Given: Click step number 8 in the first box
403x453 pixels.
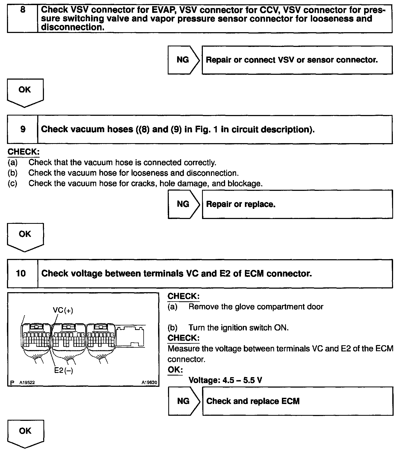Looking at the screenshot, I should pyautogui.click(x=23, y=10).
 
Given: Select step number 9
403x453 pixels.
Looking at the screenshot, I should pyautogui.click(x=23, y=129).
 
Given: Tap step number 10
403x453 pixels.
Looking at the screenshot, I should pyautogui.click(x=21, y=273).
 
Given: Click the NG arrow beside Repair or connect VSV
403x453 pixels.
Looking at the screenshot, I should pyautogui.click(x=183, y=60).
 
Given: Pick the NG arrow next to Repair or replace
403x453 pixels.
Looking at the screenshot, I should pyautogui.click(x=183, y=204).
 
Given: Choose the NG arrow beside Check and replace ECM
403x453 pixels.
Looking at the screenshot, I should pyautogui.click(x=184, y=401).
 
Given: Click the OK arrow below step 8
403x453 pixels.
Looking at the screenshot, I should pyautogui.click(x=25, y=91).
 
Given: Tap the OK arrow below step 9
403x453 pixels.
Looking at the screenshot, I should pyautogui.click(x=25, y=235).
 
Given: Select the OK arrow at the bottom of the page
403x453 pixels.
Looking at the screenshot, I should pyautogui.click(x=25, y=432).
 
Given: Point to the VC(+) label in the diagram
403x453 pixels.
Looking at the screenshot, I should pyautogui.click(x=63, y=310).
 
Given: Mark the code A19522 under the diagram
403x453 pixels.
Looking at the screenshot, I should pyautogui.click(x=27, y=383).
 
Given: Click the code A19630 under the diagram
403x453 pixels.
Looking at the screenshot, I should pyautogui.click(x=149, y=383).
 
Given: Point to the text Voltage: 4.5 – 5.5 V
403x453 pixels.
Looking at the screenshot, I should pyautogui.click(x=225, y=380).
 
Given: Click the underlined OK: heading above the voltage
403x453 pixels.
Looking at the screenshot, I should pyautogui.click(x=175, y=370).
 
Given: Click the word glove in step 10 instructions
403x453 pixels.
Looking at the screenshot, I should pyautogui.click(x=244, y=307).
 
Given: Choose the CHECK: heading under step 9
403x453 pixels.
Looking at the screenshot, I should pyautogui.click(x=24, y=152).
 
